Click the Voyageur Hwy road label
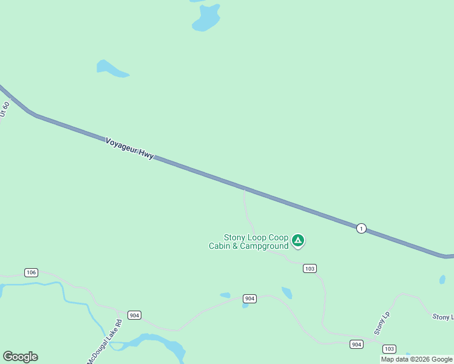129,148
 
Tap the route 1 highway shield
361,228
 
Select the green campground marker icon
297,240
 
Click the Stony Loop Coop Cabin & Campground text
248,241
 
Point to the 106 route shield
32,272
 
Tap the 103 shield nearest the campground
310,268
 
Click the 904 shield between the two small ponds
249,298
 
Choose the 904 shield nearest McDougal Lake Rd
135,315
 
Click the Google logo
20,357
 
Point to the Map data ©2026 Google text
416,359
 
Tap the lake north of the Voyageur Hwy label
111,69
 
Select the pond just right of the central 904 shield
286,292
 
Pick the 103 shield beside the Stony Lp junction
390,349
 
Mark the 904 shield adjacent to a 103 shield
357,344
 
